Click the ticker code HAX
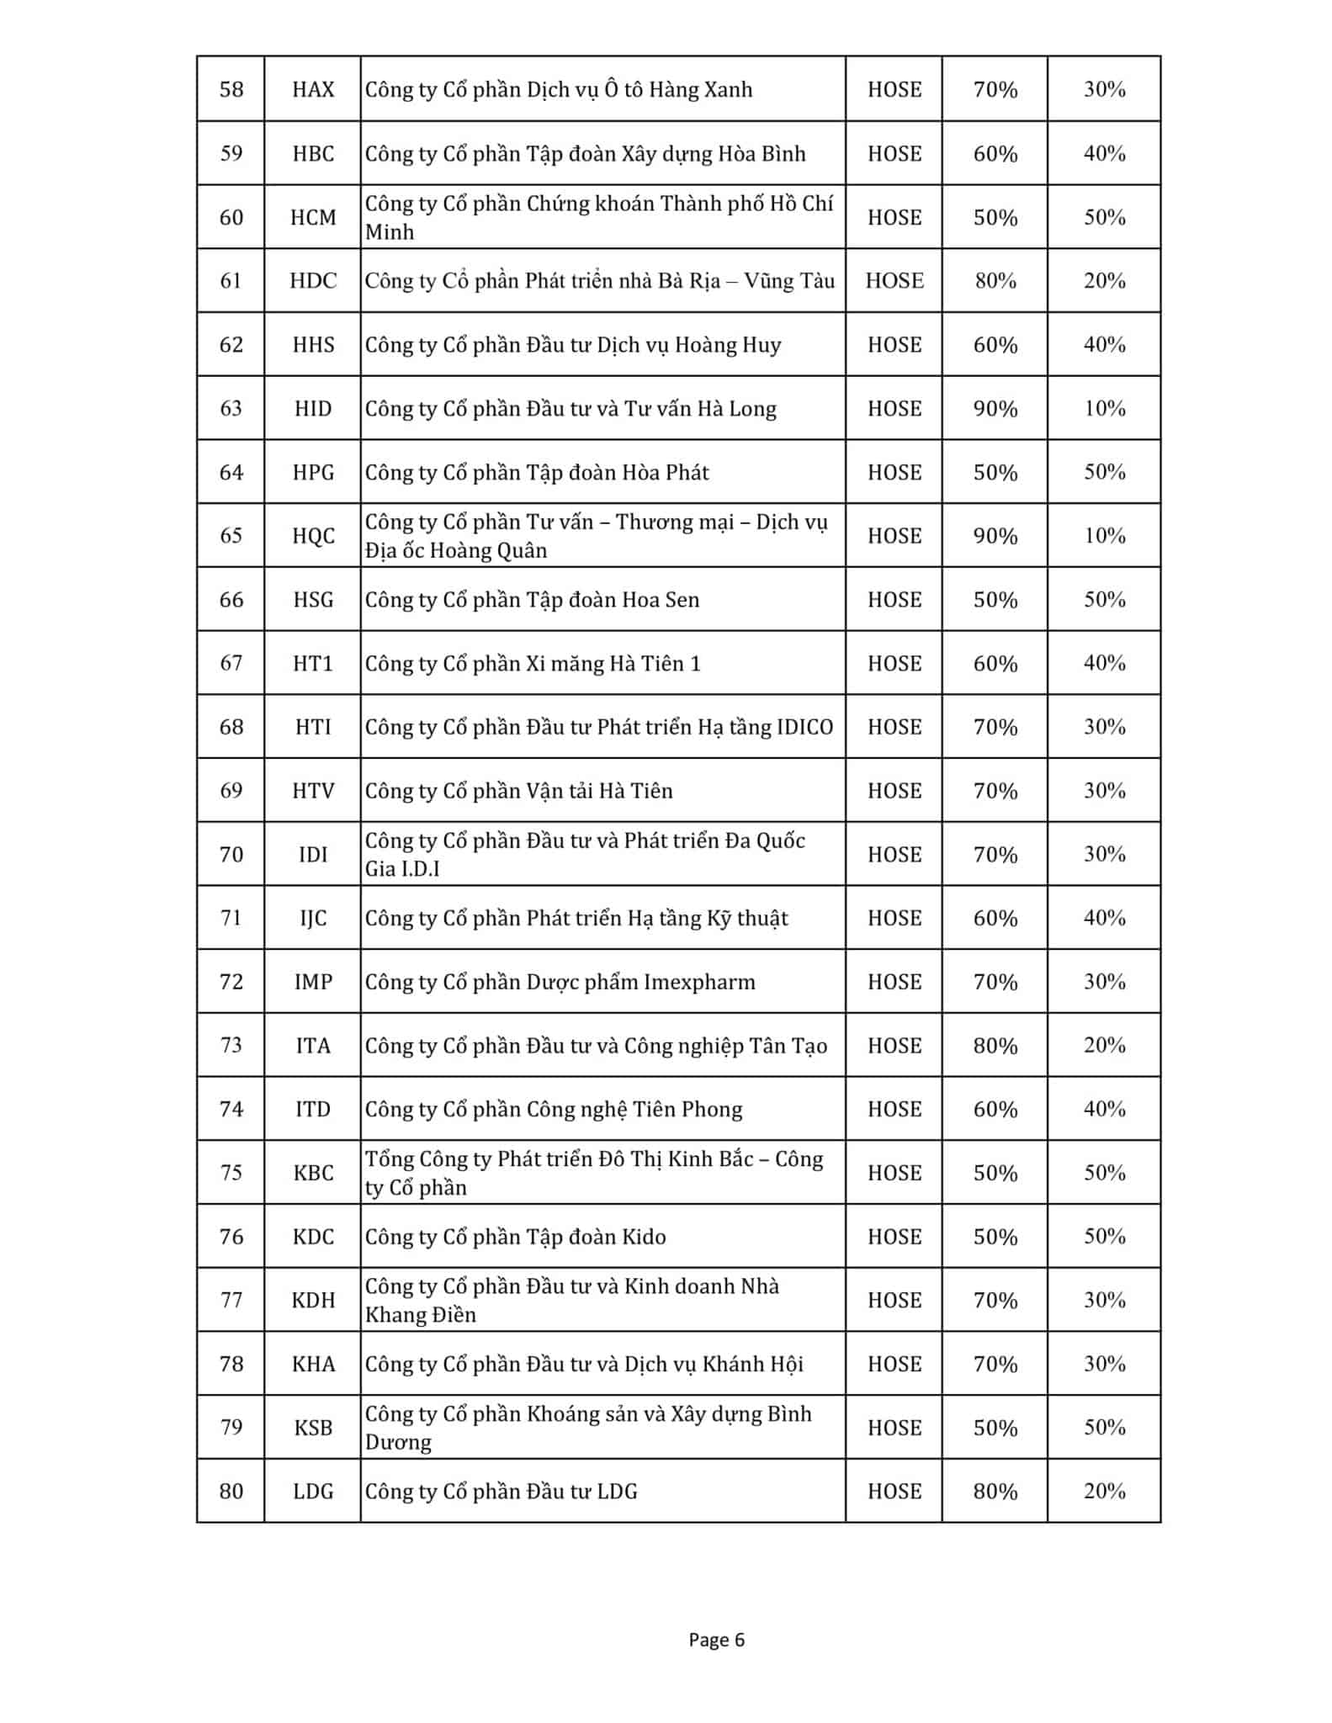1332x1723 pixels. [x=313, y=89]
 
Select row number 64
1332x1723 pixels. [x=231, y=472]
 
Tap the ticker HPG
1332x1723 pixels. [x=313, y=472]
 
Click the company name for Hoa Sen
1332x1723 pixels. [x=532, y=600]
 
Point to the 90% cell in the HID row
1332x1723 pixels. [x=995, y=409]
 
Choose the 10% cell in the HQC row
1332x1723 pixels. [x=1104, y=536]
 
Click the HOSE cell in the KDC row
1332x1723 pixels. [x=894, y=1237]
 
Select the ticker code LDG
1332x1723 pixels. [x=313, y=1492]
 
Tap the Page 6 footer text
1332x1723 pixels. [x=716, y=1640]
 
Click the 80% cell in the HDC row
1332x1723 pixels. [x=995, y=281]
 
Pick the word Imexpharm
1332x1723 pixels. [x=699, y=982]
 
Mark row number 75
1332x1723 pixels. [x=231, y=1173]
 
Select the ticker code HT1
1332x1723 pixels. [x=313, y=664]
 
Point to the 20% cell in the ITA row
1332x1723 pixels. [x=1104, y=1046]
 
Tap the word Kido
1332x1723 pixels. [x=644, y=1237]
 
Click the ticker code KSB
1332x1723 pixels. [x=313, y=1428]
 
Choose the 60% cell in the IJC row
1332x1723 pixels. [x=995, y=918]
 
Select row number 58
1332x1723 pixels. [x=231, y=89]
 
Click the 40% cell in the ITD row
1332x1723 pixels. [x=1104, y=1110]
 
